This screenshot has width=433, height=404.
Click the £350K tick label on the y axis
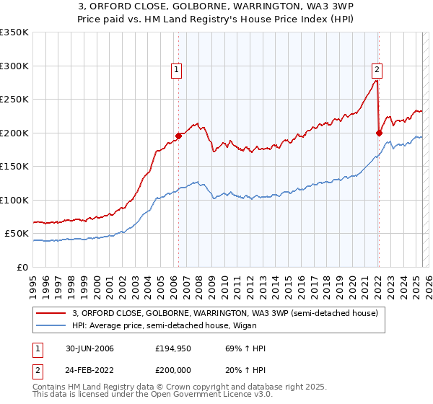pyautogui.click(x=14, y=32)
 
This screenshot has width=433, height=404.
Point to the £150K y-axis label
pyautogui.click(x=14, y=166)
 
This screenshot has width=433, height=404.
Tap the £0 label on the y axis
pyautogui.click(x=22, y=267)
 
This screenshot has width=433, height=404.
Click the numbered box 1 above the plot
pyautogui.click(x=177, y=70)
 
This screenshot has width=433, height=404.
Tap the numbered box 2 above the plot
pyautogui.click(x=377, y=70)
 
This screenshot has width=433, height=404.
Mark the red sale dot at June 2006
pyautogui.click(x=178, y=135)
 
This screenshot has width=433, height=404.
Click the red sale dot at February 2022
pyautogui.click(x=379, y=132)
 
